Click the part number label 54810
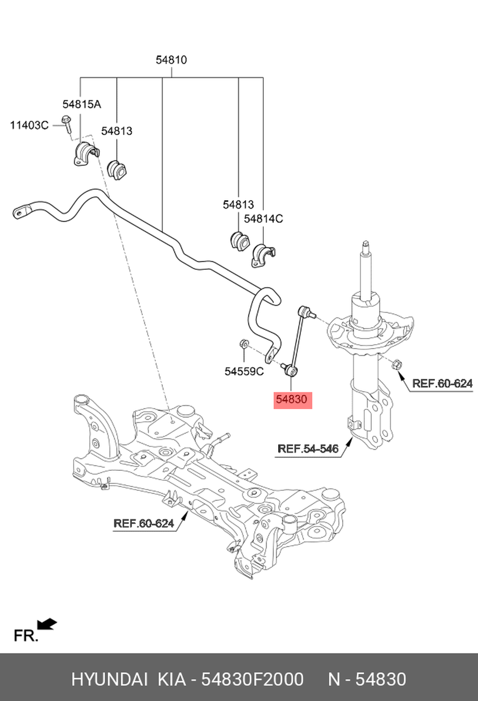(x=171, y=60)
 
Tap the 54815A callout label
(x=82, y=104)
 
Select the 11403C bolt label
(x=29, y=126)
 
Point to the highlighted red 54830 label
(x=293, y=400)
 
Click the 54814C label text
(x=263, y=218)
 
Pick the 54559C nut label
(x=244, y=372)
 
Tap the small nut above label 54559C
(x=244, y=343)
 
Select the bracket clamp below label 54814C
(x=263, y=255)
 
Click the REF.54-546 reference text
(x=308, y=449)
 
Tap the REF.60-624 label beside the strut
(x=442, y=383)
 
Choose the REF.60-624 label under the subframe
(x=143, y=523)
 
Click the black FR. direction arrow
(x=47, y=624)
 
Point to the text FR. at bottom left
(x=26, y=636)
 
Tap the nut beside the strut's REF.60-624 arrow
(x=397, y=365)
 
